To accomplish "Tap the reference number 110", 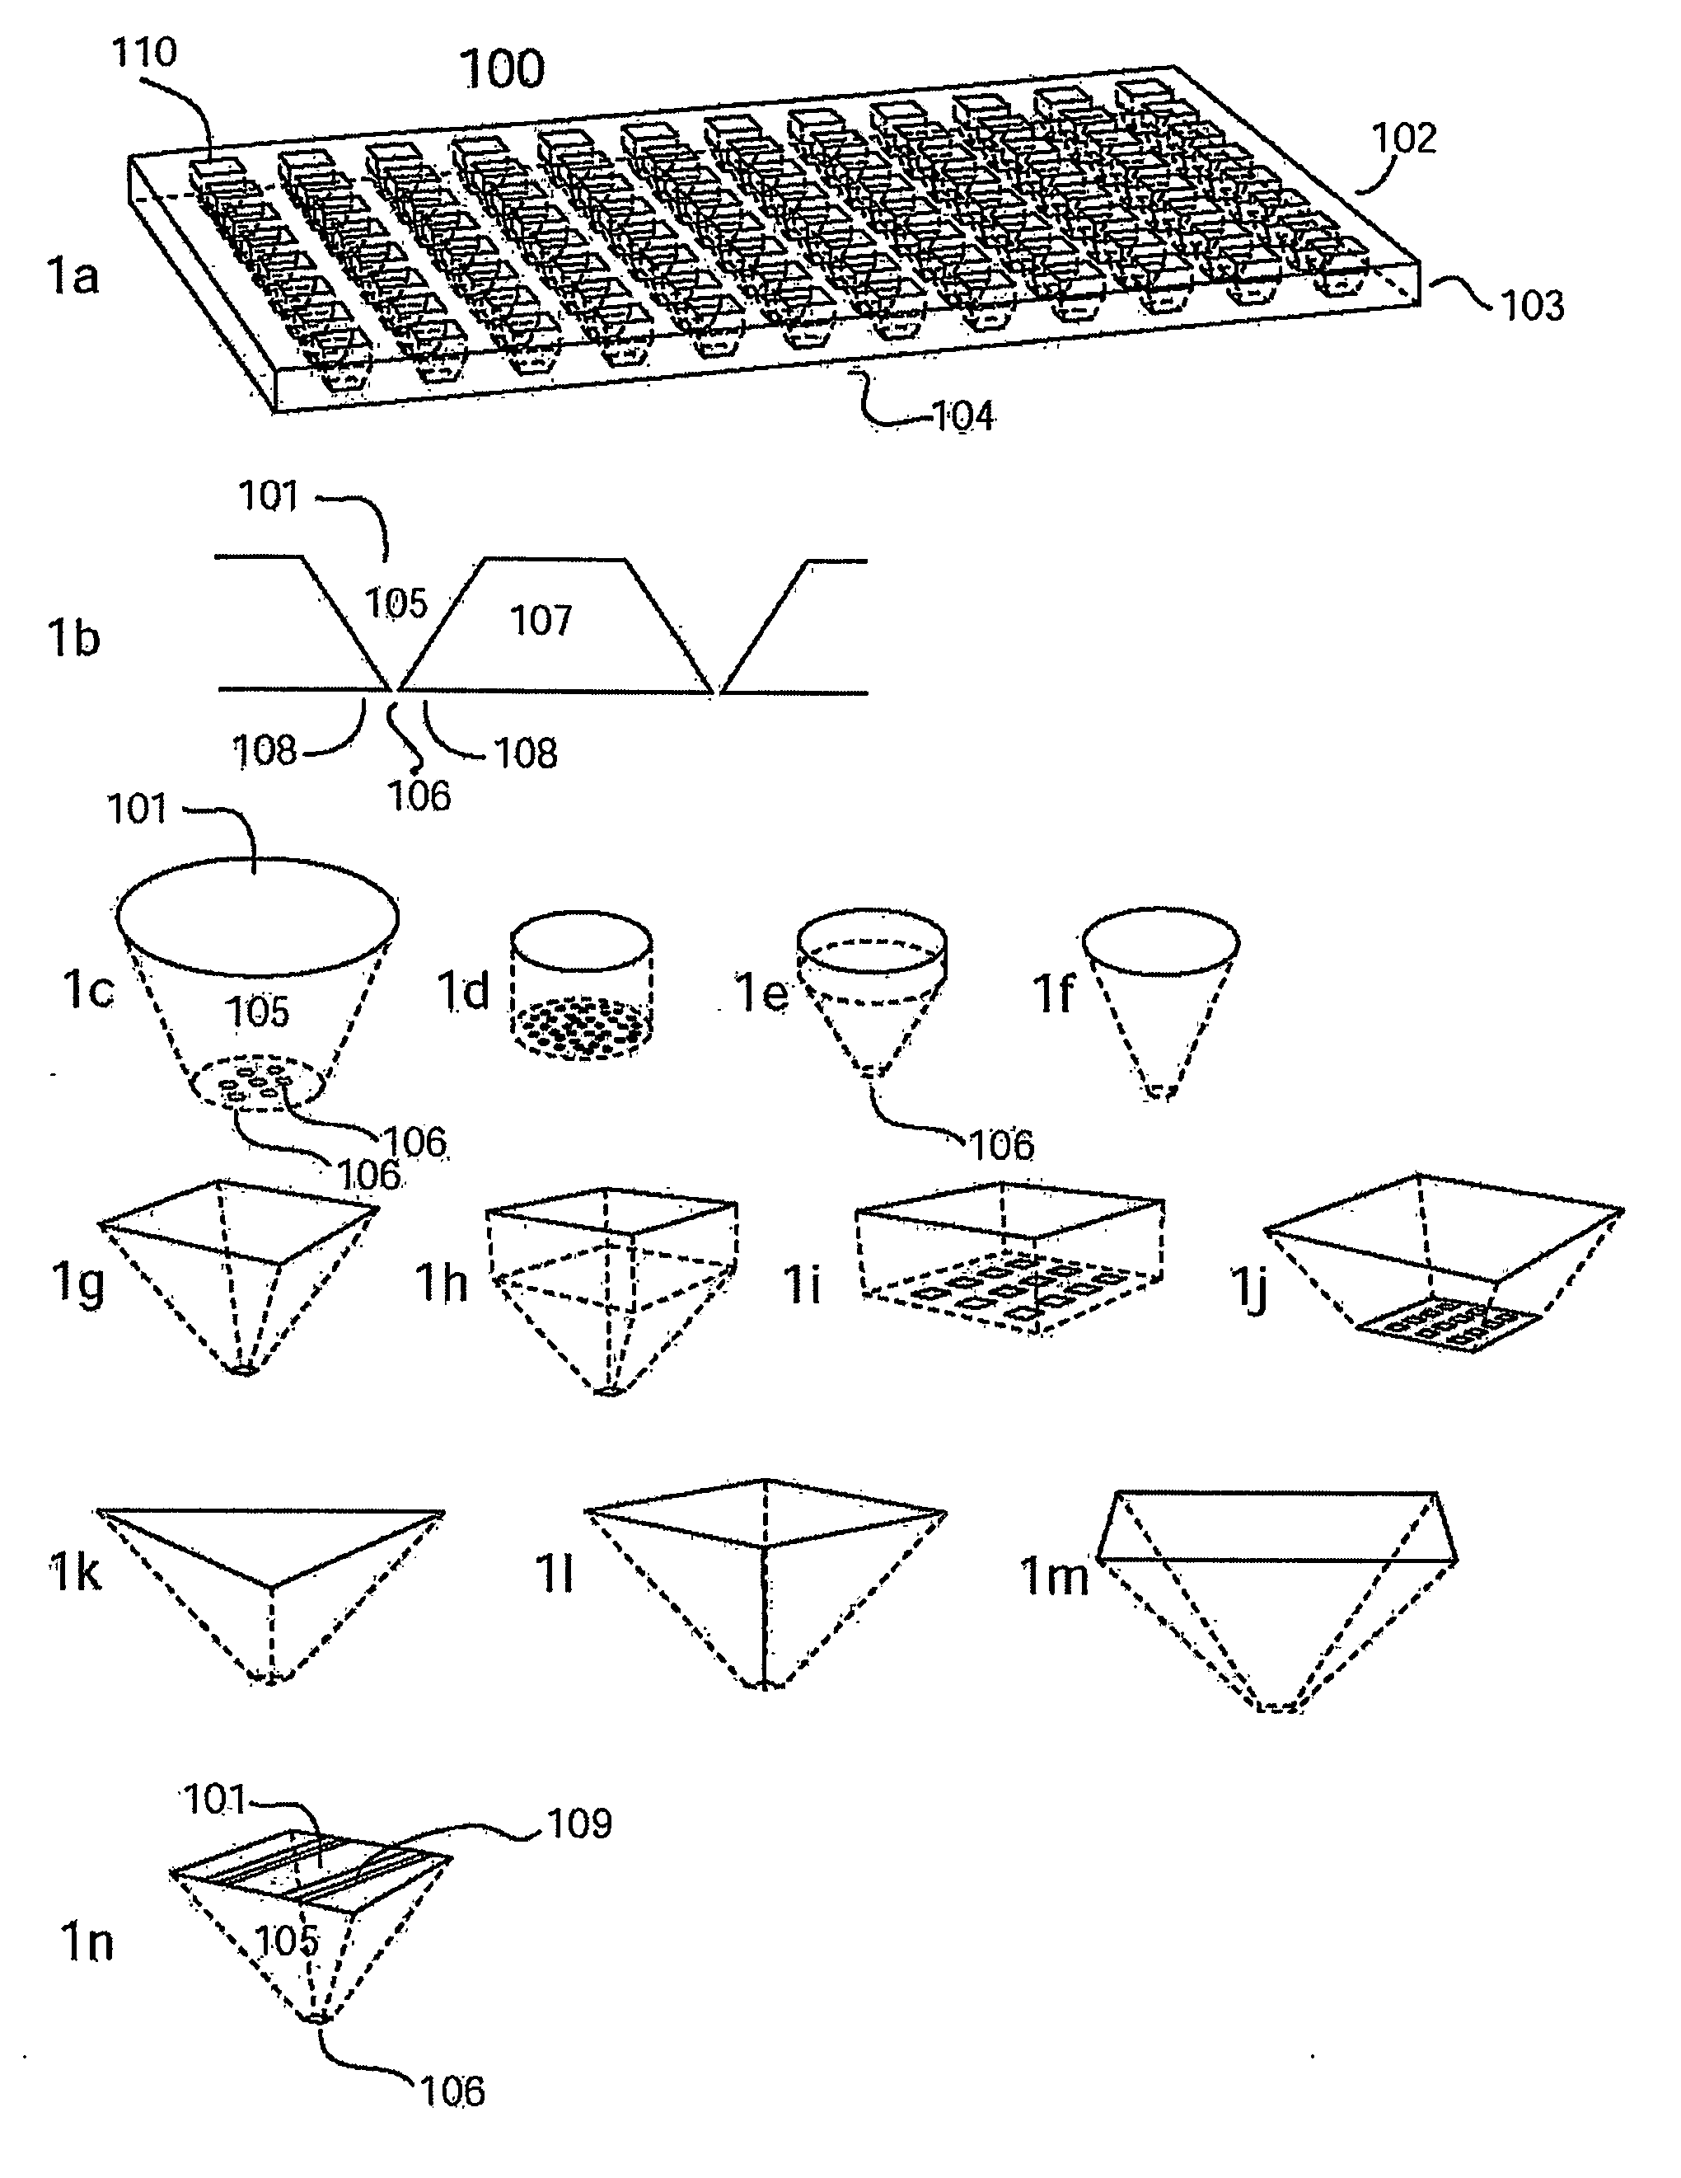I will click(x=144, y=52).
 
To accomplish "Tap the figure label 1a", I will click(x=73, y=275).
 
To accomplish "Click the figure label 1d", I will click(x=464, y=990).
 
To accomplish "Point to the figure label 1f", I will click(x=1054, y=993).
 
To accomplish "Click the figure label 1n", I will click(x=87, y=1943).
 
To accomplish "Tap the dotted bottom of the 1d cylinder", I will click(x=581, y=1027).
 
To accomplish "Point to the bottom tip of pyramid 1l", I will click(x=764, y=1684).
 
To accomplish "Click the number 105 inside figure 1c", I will click(x=257, y=1012).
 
